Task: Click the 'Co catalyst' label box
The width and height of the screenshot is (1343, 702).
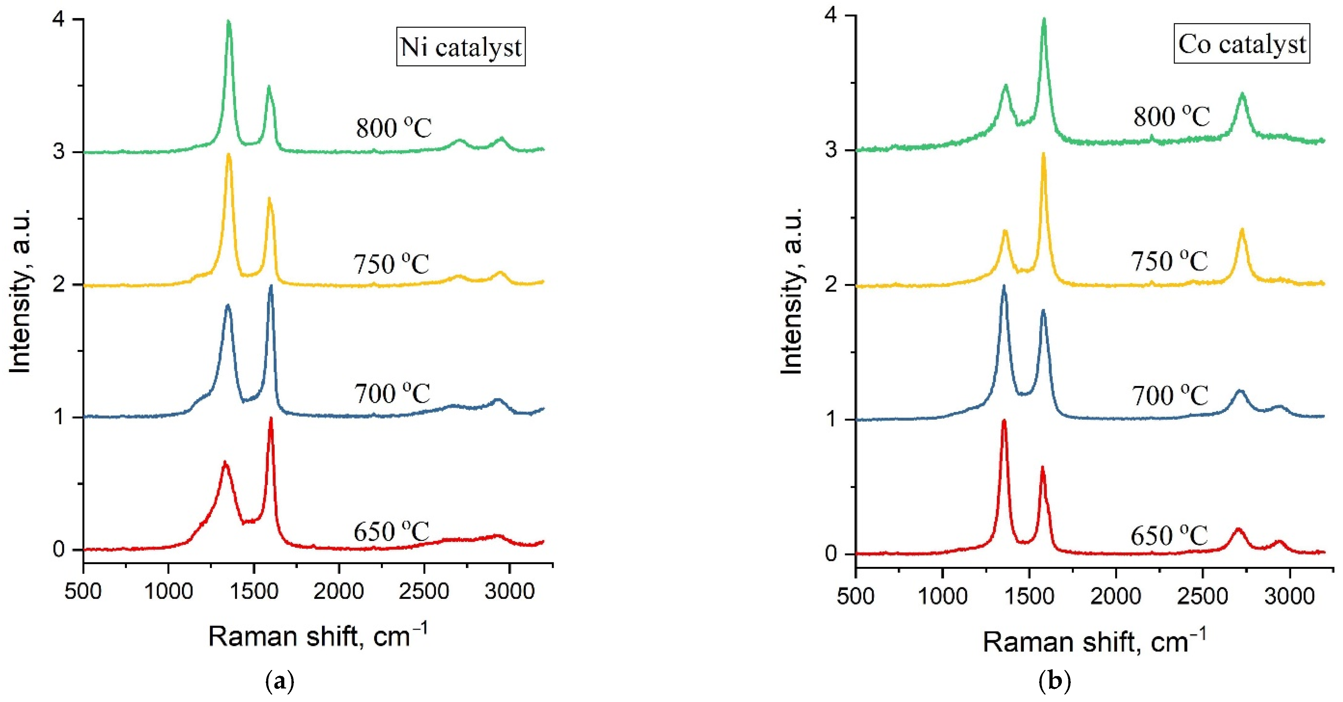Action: click(1241, 44)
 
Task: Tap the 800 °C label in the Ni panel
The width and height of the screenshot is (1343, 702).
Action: click(394, 128)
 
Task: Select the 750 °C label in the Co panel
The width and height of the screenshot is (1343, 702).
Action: click(1169, 261)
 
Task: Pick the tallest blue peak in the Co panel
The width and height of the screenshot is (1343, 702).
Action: click(1004, 286)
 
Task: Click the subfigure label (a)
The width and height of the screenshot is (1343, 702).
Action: click(280, 681)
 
